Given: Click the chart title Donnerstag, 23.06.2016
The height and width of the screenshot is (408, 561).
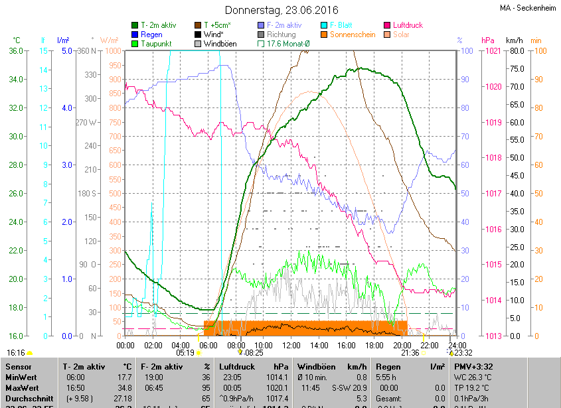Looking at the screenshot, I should (x=281, y=10).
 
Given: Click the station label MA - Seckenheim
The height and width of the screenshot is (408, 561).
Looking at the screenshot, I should (x=527, y=8).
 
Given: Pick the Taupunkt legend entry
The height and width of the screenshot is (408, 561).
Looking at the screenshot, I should (x=156, y=44).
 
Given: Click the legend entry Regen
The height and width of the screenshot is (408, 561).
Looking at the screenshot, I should (x=151, y=34).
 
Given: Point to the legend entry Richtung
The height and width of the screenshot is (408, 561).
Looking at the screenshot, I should (x=281, y=34).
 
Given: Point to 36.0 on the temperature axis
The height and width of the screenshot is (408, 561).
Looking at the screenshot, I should (x=16, y=51).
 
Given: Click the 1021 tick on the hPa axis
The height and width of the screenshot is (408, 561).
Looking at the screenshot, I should (x=492, y=51).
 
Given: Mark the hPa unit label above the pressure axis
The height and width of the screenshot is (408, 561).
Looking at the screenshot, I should (x=488, y=40).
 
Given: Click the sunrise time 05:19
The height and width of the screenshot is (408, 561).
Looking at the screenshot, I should (x=185, y=353).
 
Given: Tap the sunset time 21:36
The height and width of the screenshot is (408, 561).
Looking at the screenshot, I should (x=410, y=353).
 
